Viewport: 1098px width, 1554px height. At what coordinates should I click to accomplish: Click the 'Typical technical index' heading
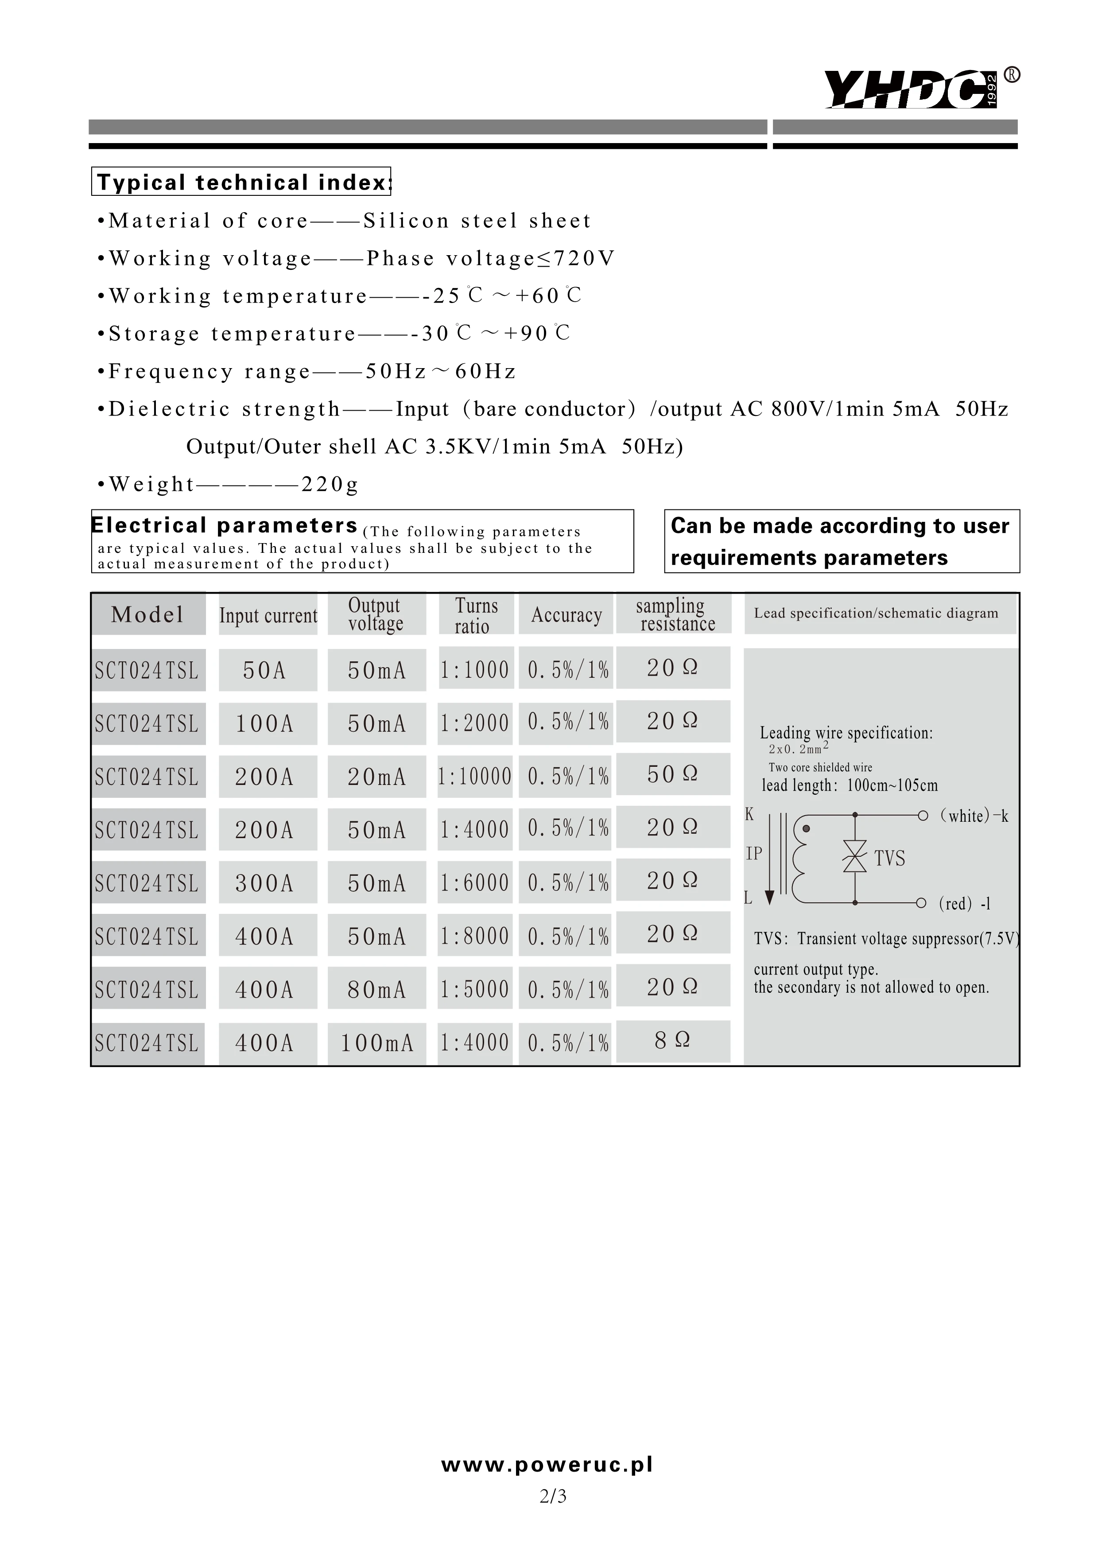(x=241, y=182)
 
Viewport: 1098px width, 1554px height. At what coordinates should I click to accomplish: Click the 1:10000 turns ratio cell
(x=474, y=776)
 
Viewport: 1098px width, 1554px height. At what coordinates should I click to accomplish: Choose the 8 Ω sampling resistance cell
(x=672, y=1040)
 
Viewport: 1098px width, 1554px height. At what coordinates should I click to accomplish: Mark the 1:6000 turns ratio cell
(x=474, y=882)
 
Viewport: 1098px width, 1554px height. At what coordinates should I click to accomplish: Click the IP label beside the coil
(x=754, y=854)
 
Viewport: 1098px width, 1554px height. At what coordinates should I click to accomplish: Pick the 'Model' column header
(x=147, y=614)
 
